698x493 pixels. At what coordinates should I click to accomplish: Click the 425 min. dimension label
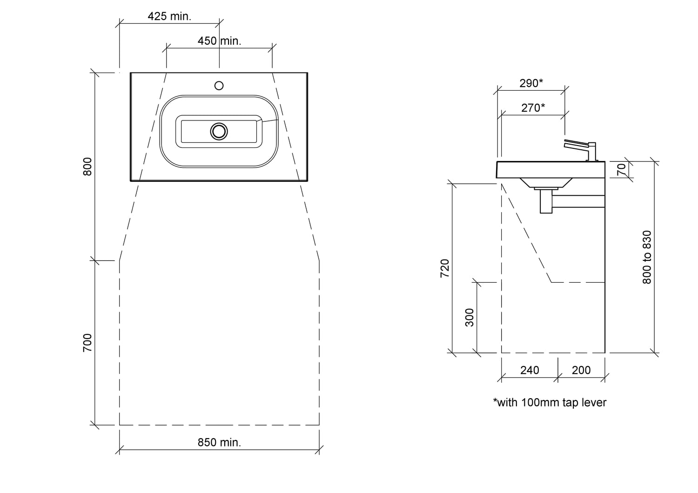coord(169,16)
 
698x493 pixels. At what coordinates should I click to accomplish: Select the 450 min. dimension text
coord(219,41)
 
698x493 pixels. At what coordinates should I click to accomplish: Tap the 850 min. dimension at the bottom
coord(219,442)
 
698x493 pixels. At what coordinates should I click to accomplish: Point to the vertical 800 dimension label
coord(87,167)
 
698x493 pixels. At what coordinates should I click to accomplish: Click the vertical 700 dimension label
coord(87,343)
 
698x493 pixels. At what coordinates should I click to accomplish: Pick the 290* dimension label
coord(531,83)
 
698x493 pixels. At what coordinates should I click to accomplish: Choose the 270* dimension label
coord(533,108)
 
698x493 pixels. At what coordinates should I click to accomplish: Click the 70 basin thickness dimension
coord(622,169)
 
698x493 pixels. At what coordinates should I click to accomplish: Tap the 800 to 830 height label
coord(647,257)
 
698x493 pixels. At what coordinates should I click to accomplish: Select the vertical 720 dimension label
coord(445,268)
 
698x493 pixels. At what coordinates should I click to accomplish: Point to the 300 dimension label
coord(469,317)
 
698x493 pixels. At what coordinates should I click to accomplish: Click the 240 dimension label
coord(530,370)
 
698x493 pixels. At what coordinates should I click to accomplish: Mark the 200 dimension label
coord(581,370)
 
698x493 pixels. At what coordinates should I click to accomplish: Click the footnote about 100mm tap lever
coord(550,403)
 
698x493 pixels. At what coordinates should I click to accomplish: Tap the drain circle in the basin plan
coord(219,132)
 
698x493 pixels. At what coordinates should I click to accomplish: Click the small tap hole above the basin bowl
coord(219,85)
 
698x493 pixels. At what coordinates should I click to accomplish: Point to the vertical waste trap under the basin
coord(546,201)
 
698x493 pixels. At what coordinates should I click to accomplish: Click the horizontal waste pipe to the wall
coord(579,201)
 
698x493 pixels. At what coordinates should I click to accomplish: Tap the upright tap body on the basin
coord(592,152)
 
